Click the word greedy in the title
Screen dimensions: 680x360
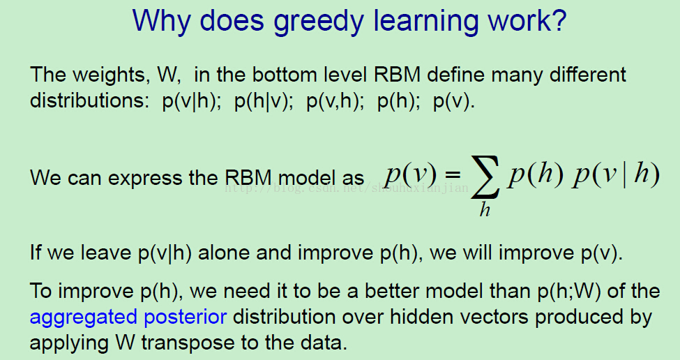click(318, 21)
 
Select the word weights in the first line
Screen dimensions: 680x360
click(108, 75)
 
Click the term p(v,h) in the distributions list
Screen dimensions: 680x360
click(335, 101)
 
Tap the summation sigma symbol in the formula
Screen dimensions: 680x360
click(485, 178)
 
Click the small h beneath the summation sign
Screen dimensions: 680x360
click(485, 209)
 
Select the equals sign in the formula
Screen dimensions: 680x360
click(451, 174)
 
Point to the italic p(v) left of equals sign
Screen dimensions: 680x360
click(410, 175)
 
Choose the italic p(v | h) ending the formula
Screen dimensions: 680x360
click(616, 174)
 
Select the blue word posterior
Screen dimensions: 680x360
click(186, 317)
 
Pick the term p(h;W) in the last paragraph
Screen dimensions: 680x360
click(569, 292)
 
